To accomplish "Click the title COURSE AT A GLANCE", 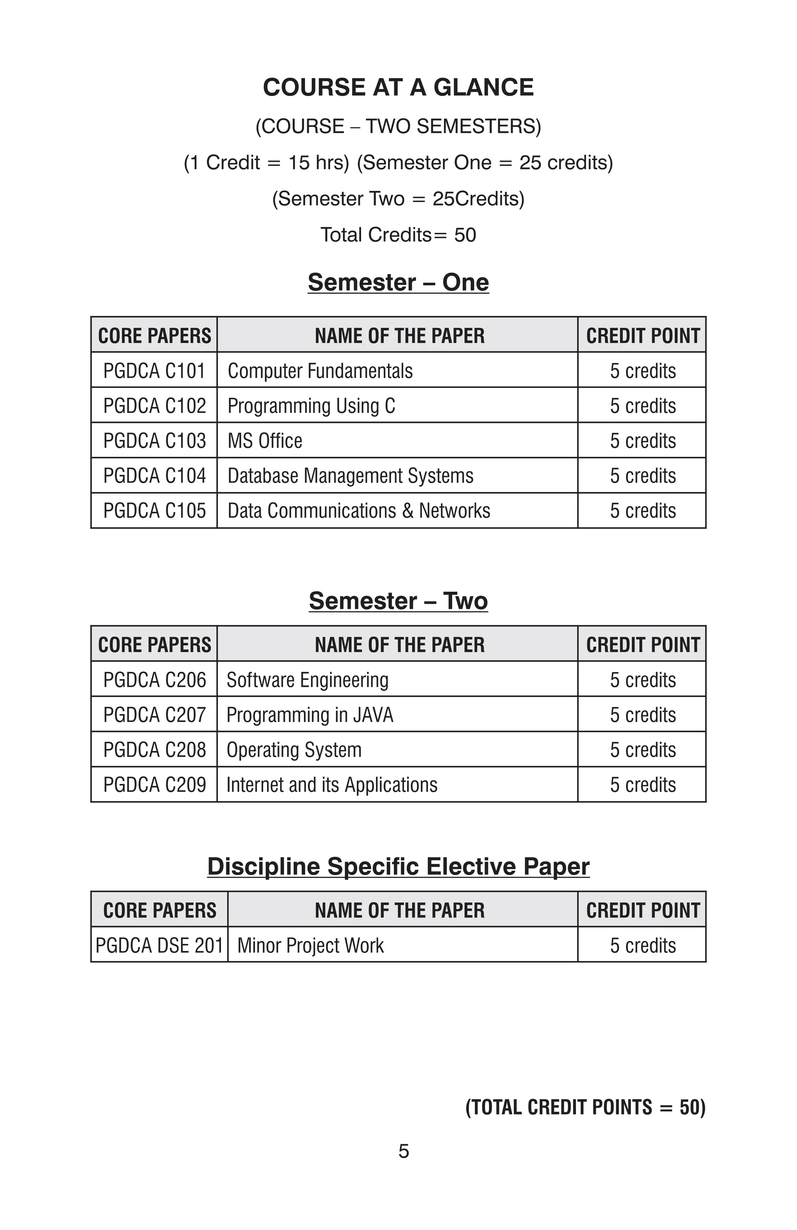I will coord(398,87).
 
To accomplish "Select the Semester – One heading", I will coord(398,282).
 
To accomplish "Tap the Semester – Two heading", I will coord(398,601).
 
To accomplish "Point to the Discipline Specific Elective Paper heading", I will coord(398,867).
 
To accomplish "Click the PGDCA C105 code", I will coord(154,510).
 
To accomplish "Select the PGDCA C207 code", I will coord(154,715).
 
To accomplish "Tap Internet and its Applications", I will coord(332,785).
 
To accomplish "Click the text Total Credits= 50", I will coord(398,235).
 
